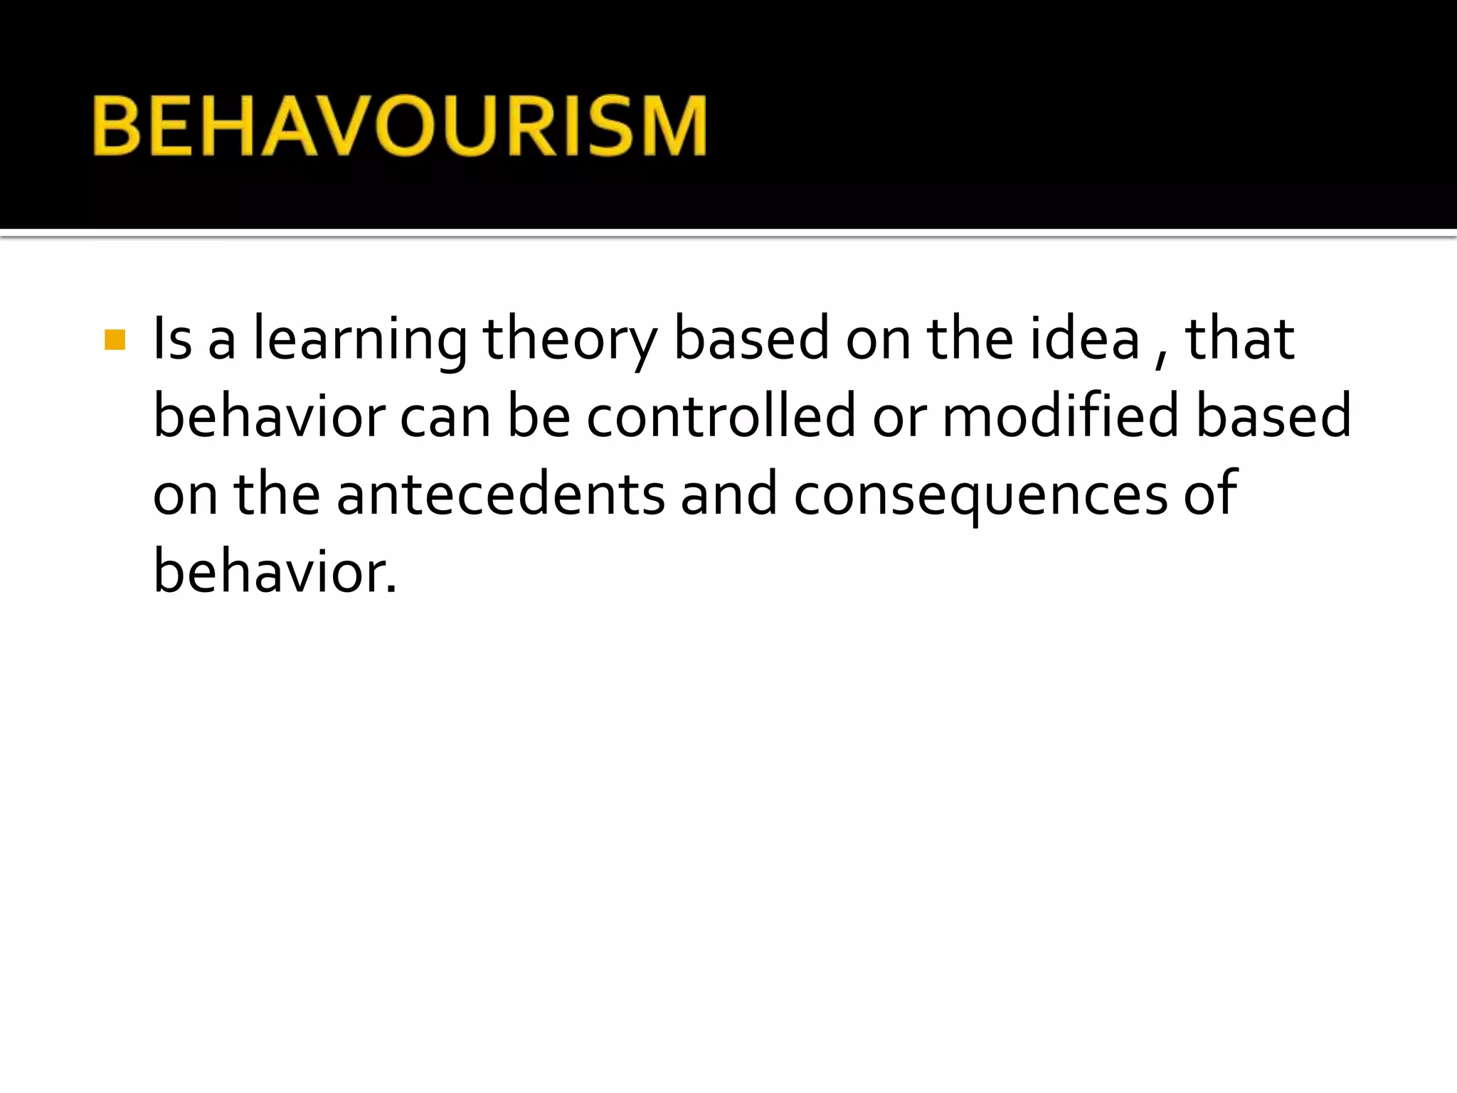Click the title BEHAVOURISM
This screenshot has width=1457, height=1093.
(399, 126)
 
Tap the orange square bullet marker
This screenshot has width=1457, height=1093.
(115, 340)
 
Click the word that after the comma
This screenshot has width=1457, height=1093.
(1239, 339)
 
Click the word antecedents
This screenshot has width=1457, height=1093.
(500, 494)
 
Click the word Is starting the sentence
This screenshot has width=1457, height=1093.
(173, 339)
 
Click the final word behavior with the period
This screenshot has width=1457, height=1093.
(275, 571)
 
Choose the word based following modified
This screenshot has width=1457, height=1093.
(1273, 416)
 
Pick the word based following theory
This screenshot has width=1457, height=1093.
(751, 339)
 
